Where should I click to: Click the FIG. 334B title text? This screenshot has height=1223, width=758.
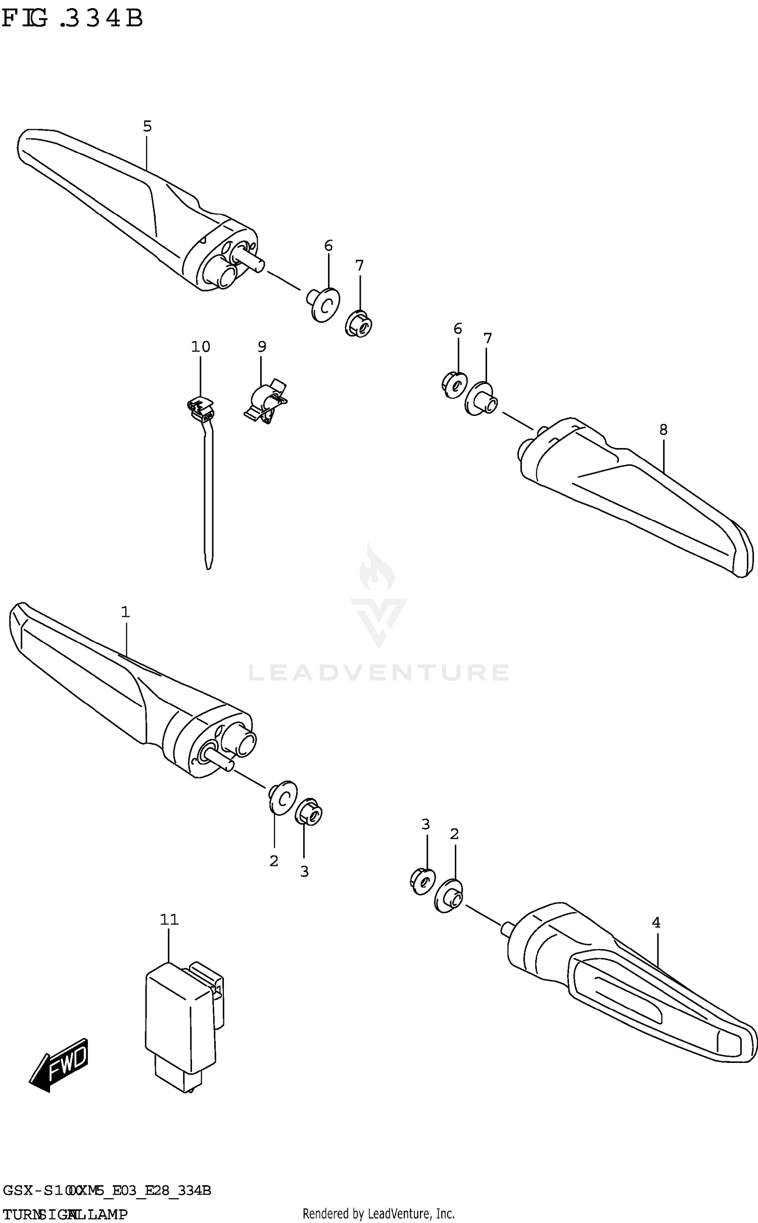[x=72, y=19]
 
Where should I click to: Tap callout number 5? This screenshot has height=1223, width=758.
[x=147, y=126]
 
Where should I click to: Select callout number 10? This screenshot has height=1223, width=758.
[x=201, y=347]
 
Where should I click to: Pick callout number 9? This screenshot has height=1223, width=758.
[x=262, y=347]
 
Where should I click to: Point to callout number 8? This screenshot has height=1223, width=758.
[x=663, y=430]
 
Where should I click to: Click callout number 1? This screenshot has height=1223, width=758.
[x=125, y=612]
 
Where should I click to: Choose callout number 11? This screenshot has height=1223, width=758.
[x=169, y=919]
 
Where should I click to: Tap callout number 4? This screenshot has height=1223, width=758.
[x=656, y=923]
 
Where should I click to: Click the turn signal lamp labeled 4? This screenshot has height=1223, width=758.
[x=632, y=985]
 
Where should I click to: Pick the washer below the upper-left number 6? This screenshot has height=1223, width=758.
[x=324, y=305]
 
